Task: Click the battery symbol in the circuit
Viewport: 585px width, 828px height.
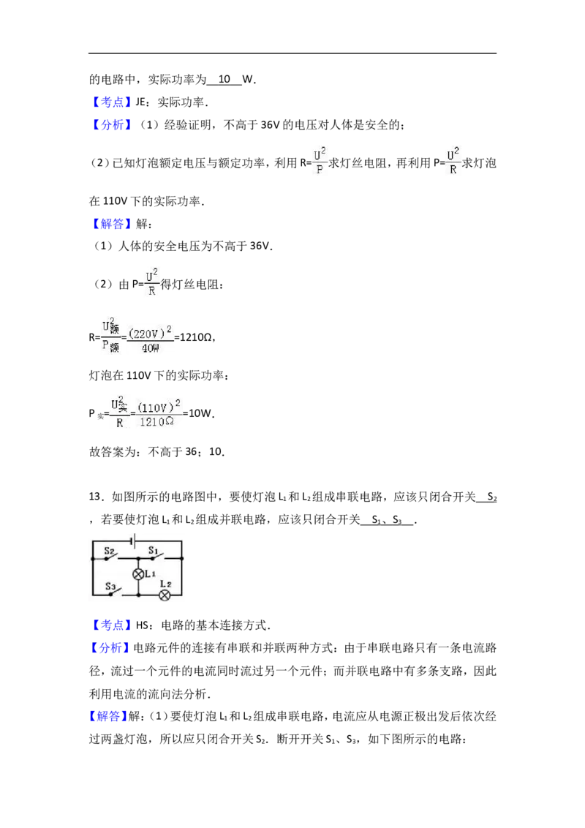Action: (x=135, y=541)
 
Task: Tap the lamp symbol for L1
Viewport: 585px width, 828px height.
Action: (x=138, y=574)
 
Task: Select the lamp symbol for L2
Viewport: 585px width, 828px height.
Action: (x=165, y=595)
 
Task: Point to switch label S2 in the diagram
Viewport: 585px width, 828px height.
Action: (x=109, y=551)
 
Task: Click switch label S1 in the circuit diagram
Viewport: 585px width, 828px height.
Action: (x=153, y=550)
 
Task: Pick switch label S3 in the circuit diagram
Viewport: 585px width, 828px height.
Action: (x=110, y=586)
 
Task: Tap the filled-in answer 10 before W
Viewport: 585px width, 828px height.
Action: (x=224, y=79)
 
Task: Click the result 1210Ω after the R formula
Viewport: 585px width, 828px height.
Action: (x=197, y=337)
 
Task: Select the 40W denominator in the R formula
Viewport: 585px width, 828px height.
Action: (x=150, y=348)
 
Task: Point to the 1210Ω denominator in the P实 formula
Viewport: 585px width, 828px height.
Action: (x=156, y=422)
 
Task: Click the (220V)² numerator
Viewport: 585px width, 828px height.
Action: (x=151, y=333)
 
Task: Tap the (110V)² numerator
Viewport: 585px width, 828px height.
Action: (x=159, y=406)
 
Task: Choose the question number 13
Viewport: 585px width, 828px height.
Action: (x=94, y=497)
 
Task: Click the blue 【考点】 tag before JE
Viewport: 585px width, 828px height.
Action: (x=111, y=102)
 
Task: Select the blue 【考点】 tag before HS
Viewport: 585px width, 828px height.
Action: (x=111, y=625)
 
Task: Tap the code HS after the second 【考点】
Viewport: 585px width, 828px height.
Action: (x=142, y=625)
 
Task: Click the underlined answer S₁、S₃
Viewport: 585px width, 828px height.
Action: (x=387, y=520)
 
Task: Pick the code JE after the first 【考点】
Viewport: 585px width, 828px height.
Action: (x=140, y=102)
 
